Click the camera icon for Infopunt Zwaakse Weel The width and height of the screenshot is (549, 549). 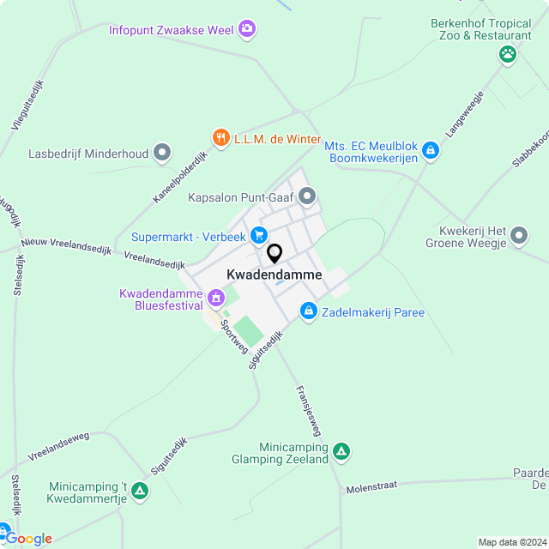[248, 30]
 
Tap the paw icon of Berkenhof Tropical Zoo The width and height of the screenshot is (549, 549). [509, 54]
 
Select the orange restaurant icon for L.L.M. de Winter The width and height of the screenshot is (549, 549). [220, 137]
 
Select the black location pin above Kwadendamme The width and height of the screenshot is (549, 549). [274, 254]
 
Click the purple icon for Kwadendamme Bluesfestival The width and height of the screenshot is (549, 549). [215, 299]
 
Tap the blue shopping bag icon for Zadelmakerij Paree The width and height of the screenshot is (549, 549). [308, 311]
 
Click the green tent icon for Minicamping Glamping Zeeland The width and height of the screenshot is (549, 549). [341, 452]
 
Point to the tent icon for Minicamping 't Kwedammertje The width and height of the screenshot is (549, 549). [140, 492]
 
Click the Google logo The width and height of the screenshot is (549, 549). [28, 539]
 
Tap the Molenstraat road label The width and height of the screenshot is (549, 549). [371, 486]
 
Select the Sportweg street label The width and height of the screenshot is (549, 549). [231, 332]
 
